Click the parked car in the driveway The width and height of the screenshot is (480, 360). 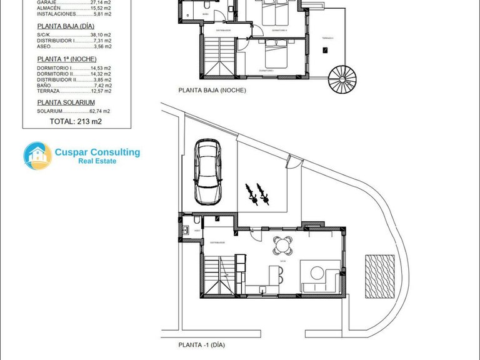(x=207, y=171)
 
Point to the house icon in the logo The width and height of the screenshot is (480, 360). (x=37, y=156)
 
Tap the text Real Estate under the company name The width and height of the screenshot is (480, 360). (x=97, y=161)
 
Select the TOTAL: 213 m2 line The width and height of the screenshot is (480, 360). (x=75, y=121)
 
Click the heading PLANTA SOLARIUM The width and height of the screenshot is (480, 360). (x=66, y=102)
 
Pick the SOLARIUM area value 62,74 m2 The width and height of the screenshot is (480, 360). (x=99, y=111)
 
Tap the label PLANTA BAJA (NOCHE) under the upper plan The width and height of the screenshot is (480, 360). (x=212, y=90)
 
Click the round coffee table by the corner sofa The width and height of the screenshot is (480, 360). (x=317, y=273)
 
